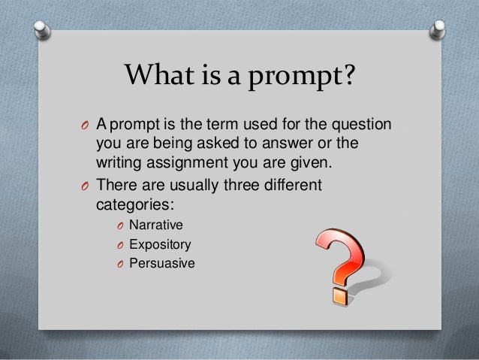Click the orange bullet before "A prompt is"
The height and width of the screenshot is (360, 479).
[x=85, y=125]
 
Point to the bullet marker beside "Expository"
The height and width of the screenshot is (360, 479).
[x=119, y=245]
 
